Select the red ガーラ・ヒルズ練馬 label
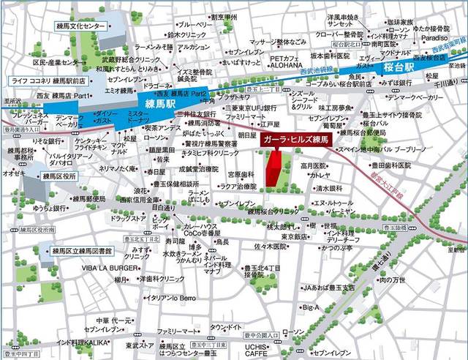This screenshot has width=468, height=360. pos(296,138)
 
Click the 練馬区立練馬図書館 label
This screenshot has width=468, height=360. pos(82,251)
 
